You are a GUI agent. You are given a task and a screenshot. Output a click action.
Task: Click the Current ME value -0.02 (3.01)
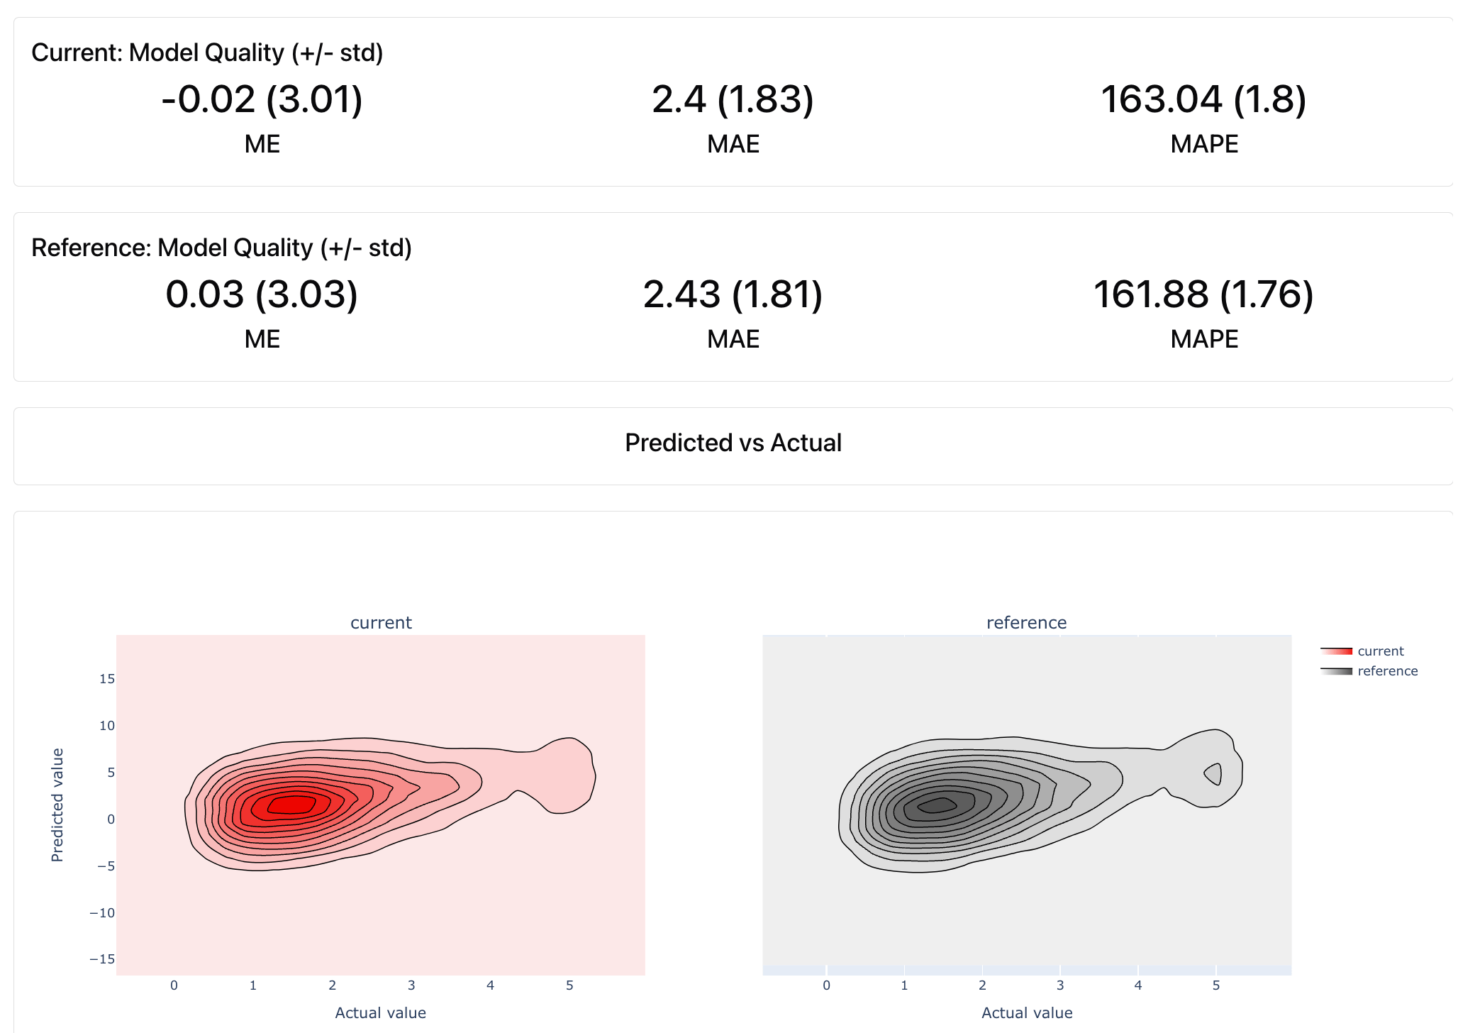pyautogui.click(x=262, y=99)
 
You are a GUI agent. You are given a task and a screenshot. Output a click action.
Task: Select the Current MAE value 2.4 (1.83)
pyautogui.click(x=733, y=99)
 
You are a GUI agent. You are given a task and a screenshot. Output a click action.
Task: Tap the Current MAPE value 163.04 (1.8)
pyautogui.click(x=1203, y=99)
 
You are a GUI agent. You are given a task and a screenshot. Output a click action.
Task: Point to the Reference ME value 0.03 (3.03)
pyautogui.click(x=262, y=294)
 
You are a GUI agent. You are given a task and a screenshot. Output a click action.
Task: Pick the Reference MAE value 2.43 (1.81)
pyautogui.click(x=733, y=294)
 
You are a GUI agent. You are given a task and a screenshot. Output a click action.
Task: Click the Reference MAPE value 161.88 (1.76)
pyautogui.click(x=1203, y=294)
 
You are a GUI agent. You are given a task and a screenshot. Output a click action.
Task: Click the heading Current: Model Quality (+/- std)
pyautogui.click(x=207, y=53)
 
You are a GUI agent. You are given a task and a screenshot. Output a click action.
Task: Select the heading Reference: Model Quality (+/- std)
pyautogui.click(x=221, y=248)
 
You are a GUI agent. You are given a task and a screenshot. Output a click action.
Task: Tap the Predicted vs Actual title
pyautogui.click(x=733, y=443)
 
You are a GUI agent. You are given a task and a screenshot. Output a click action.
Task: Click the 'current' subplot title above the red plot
pyautogui.click(x=381, y=622)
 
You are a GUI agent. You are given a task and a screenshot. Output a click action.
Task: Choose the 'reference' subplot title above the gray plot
pyautogui.click(x=1026, y=622)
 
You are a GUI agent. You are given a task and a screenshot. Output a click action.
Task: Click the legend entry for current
pyautogui.click(x=1380, y=651)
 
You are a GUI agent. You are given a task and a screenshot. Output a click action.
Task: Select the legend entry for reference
pyautogui.click(x=1387, y=671)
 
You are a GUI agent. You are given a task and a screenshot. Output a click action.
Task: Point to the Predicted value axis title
pyautogui.click(x=57, y=805)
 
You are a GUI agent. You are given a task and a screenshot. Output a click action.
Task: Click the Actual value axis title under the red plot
pyautogui.click(x=380, y=1012)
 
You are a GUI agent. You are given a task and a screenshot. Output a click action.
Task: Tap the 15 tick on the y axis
pyautogui.click(x=107, y=679)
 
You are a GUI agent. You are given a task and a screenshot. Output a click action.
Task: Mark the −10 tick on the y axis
pyautogui.click(x=102, y=912)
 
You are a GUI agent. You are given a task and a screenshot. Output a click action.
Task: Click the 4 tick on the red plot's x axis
pyautogui.click(x=490, y=985)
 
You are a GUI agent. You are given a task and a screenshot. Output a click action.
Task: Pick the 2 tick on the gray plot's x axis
pyautogui.click(x=982, y=985)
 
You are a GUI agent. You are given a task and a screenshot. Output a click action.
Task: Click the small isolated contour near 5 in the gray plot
pyautogui.click(x=1214, y=773)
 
